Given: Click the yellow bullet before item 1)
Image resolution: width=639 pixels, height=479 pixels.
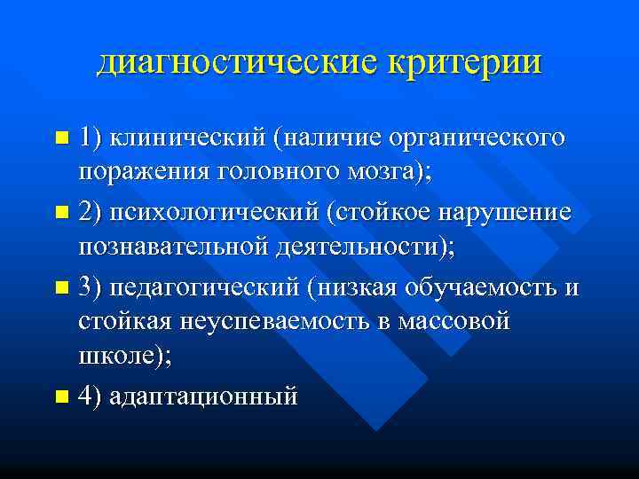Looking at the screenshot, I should click(60, 138).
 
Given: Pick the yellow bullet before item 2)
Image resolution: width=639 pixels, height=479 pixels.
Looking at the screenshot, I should click(60, 212).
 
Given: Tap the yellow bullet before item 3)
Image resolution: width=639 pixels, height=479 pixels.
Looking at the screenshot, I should click(60, 287).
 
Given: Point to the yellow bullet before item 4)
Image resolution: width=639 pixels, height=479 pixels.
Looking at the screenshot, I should click(60, 396).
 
